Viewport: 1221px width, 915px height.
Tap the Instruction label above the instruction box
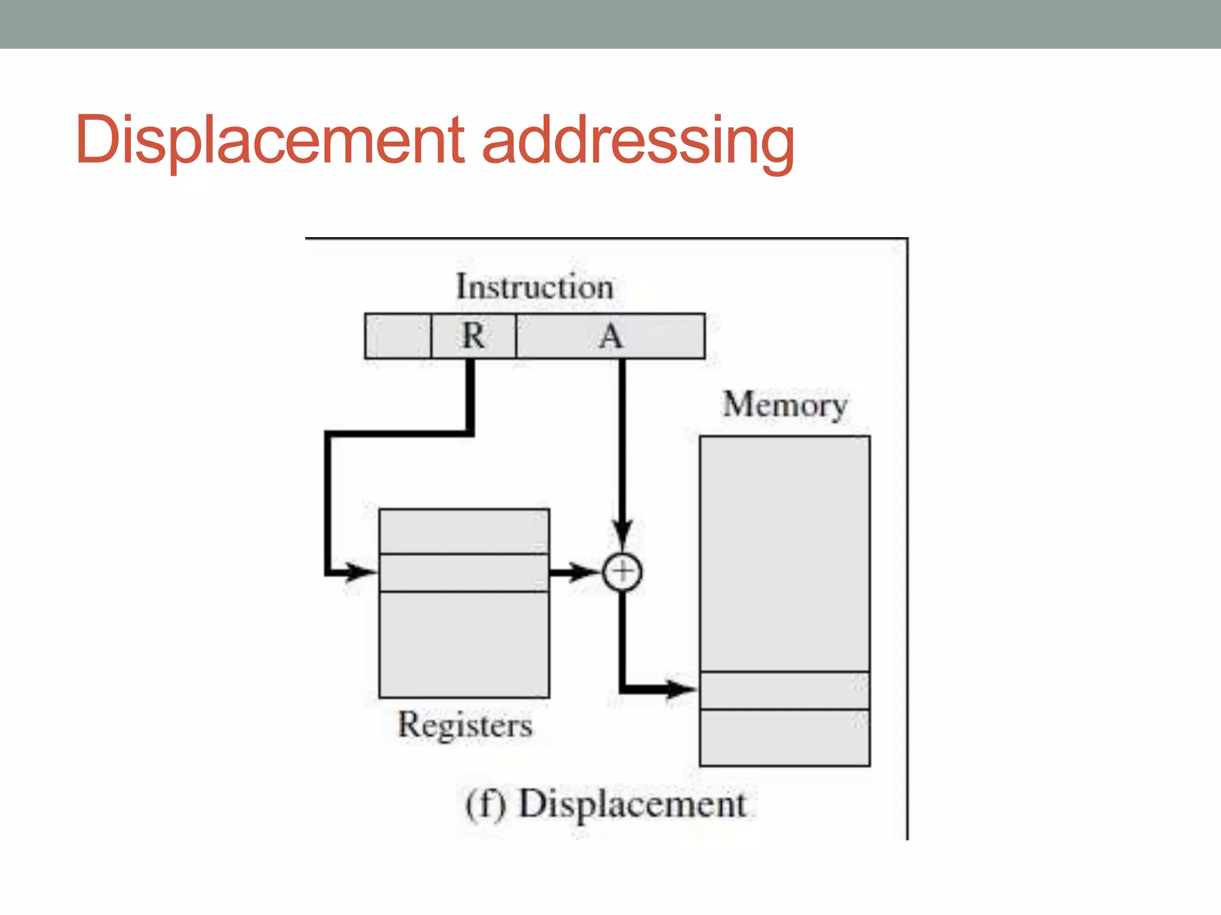(x=535, y=287)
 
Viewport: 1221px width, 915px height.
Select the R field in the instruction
(x=473, y=336)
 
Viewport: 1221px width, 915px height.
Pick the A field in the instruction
(x=610, y=336)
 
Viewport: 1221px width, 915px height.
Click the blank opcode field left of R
(x=398, y=336)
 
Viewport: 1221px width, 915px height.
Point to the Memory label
(x=785, y=405)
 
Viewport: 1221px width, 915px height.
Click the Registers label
(x=465, y=725)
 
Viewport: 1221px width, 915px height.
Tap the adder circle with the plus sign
(x=622, y=572)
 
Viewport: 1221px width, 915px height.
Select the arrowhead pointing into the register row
(x=361, y=572)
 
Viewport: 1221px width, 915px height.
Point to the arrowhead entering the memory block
(x=680, y=689)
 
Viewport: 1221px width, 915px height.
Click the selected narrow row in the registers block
(x=464, y=572)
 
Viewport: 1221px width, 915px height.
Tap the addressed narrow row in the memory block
(x=785, y=690)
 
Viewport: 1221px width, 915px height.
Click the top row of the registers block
(x=464, y=531)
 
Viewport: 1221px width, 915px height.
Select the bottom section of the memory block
(x=785, y=737)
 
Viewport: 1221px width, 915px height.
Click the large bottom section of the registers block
(x=464, y=645)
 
